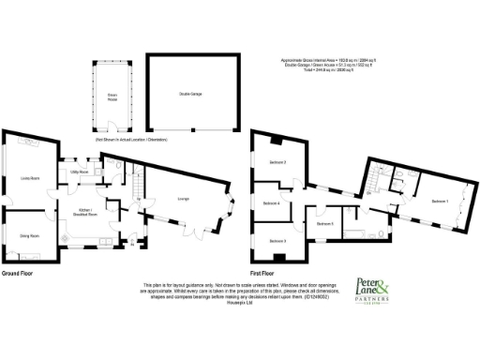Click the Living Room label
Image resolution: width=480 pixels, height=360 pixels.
click(29, 180)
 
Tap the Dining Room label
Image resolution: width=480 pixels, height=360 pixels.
click(29, 236)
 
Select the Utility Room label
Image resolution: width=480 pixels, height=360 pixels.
click(79, 172)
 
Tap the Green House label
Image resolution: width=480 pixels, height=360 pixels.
click(112, 97)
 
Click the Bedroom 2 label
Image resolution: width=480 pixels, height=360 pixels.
click(277, 163)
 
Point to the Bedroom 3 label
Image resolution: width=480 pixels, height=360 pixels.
click(277, 241)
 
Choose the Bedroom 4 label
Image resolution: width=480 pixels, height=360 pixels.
click(272, 203)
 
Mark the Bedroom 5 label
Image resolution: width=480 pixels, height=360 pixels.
click(325, 224)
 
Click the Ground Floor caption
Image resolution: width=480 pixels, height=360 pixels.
click(18, 274)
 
